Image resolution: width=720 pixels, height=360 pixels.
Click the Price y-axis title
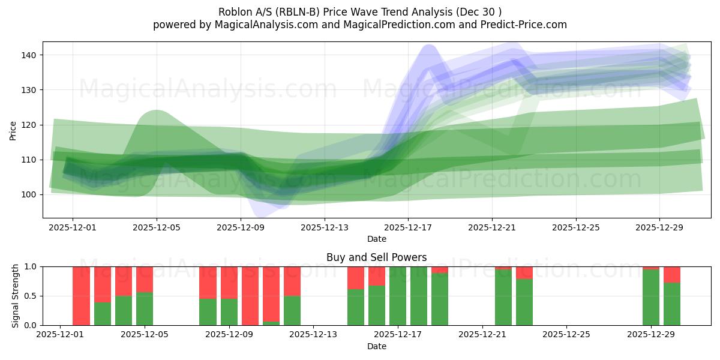(x=13, y=130)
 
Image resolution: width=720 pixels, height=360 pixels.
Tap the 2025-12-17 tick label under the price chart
(x=408, y=228)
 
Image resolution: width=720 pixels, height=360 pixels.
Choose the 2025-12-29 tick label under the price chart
(x=659, y=228)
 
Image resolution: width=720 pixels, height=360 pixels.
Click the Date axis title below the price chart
(x=377, y=239)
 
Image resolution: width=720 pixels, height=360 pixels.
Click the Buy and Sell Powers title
(x=377, y=257)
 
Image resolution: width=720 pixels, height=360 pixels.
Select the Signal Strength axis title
(x=16, y=296)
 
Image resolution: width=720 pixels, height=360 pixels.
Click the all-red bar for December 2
(x=81, y=296)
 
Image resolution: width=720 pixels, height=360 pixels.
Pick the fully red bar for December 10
(x=250, y=296)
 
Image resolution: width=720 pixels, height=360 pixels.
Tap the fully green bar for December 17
(x=398, y=296)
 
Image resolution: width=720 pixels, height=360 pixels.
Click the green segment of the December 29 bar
(x=651, y=298)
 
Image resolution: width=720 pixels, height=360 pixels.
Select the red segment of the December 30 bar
(x=672, y=274)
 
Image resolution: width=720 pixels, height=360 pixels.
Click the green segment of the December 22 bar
(x=503, y=298)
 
